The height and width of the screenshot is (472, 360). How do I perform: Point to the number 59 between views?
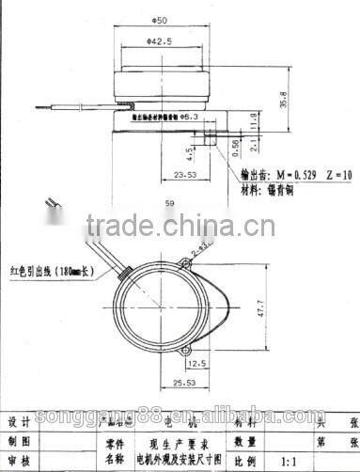pos(169,202)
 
